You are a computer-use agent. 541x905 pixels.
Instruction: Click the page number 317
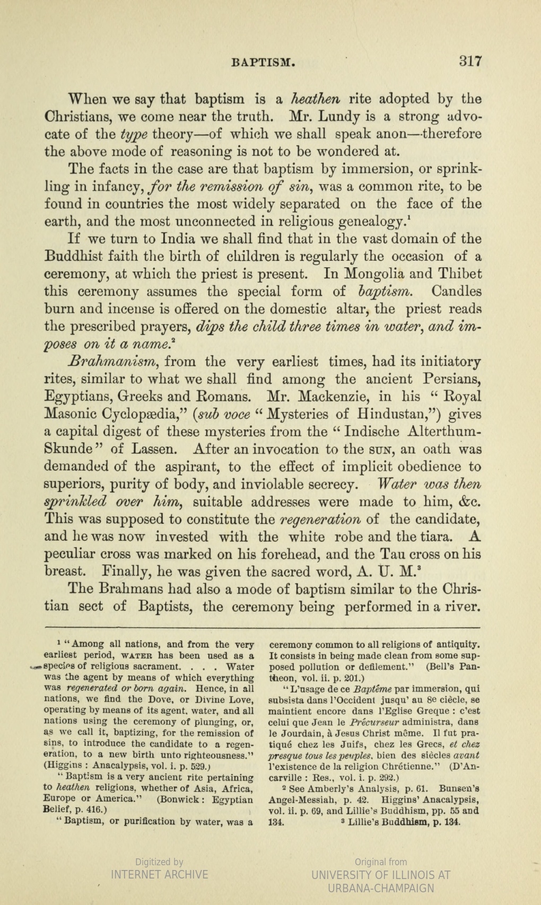click(x=470, y=61)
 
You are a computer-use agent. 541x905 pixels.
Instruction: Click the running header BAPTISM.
click(x=263, y=63)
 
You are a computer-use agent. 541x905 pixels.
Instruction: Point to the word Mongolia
click(x=376, y=274)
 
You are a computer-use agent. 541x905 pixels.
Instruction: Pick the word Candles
click(x=456, y=292)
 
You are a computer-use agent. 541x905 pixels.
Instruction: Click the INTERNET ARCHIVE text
click(x=159, y=874)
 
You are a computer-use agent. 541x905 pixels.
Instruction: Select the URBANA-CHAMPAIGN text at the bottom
click(x=380, y=888)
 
